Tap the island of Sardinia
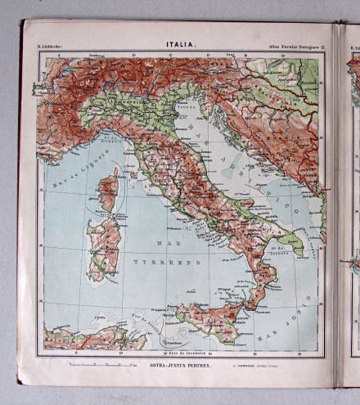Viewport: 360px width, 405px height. [x=105, y=245]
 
